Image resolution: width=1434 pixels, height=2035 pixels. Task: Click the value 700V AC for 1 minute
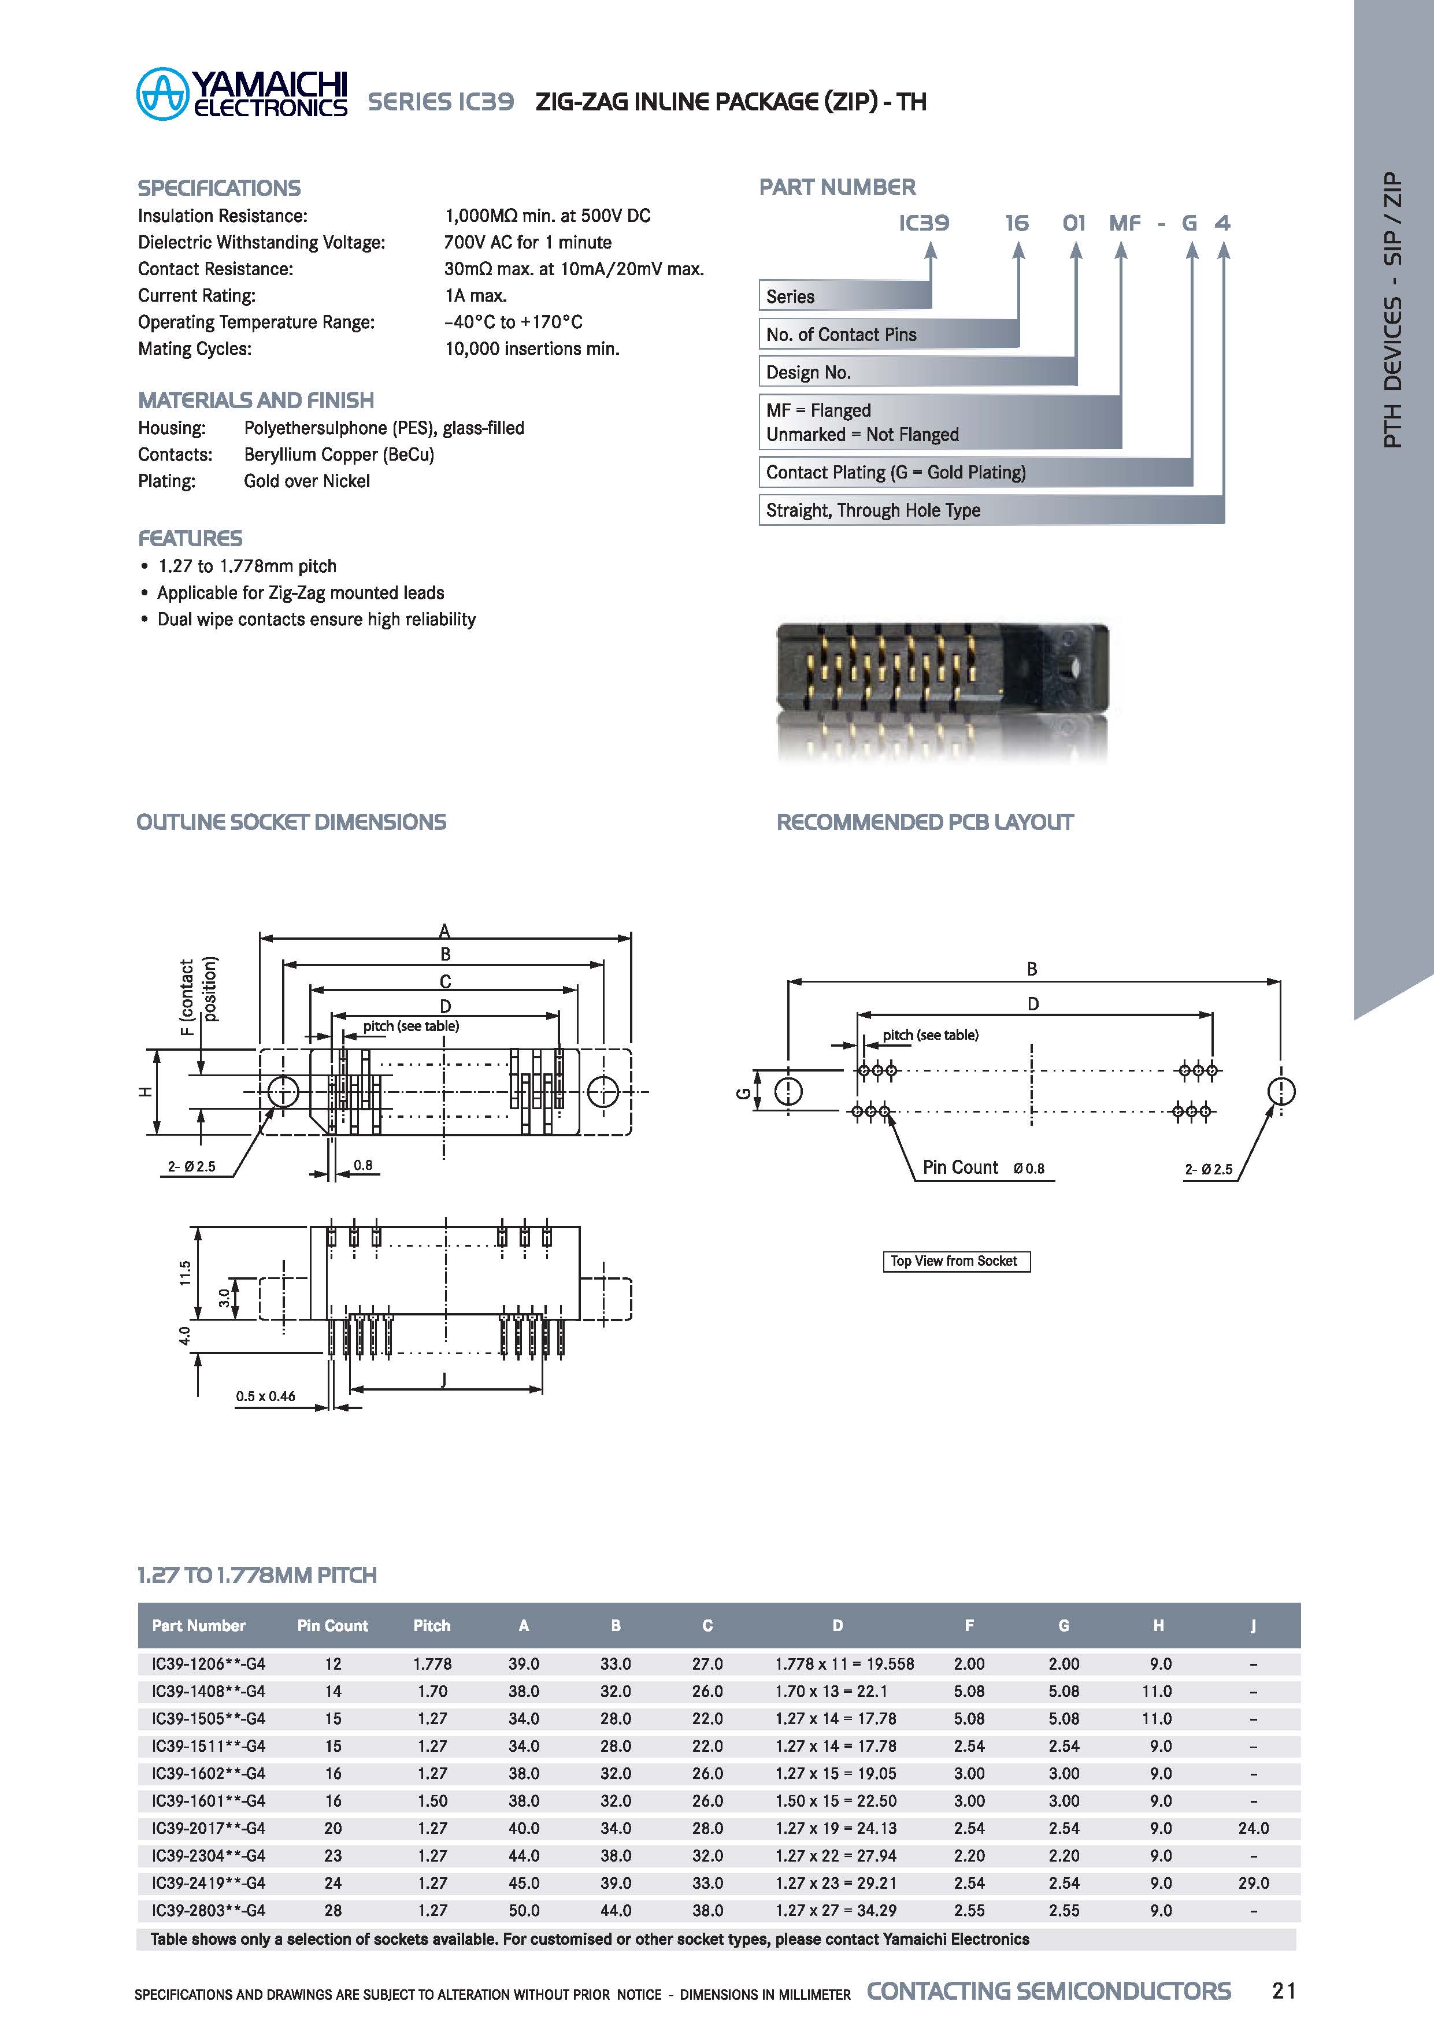pyautogui.click(x=527, y=242)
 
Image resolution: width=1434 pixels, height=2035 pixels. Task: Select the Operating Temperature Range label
pyautogui.click(x=256, y=322)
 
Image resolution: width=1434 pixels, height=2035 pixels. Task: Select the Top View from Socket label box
pyautogui.click(x=955, y=1261)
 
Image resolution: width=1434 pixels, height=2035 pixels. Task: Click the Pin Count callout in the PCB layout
pyautogui.click(x=960, y=1167)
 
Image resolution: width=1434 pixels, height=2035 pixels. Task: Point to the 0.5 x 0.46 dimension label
pyautogui.click(x=265, y=1396)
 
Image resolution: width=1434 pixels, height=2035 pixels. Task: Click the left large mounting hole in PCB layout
pyautogui.click(x=788, y=1091)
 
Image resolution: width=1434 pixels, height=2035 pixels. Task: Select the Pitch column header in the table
pyautogui.click(x=432, y=1626)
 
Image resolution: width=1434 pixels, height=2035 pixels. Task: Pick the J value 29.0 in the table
pyautogui.click(x=1253, y=1882)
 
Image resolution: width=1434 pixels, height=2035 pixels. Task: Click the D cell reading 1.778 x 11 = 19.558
pyautogui.click(x=844, y=1663)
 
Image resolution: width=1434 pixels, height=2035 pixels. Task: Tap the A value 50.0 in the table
pyautogui.click(x=524, y=1910)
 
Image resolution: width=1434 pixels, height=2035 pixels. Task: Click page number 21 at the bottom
pyautogui.click(x=1283, y=1990)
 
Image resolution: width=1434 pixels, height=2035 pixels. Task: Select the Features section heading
pyautogui.click(x=190, y=538)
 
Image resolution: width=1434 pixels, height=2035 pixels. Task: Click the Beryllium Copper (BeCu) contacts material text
pyautogui.click(x=339, y=455)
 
